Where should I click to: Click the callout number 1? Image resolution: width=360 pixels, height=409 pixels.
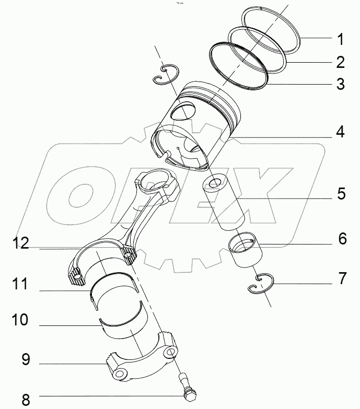pos(340,39)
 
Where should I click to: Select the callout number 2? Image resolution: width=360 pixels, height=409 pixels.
pos(340,63)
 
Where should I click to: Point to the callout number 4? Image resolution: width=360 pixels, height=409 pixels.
pos(340,132)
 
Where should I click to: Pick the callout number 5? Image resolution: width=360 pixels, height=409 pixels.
pos(340,194)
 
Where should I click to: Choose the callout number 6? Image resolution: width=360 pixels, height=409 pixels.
pos(342,239)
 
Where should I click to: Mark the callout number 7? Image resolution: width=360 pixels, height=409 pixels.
pos(342,278)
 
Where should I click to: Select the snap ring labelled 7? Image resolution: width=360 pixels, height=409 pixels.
pos(260,284)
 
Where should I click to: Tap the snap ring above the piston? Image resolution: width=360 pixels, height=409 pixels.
pos(167,74)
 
